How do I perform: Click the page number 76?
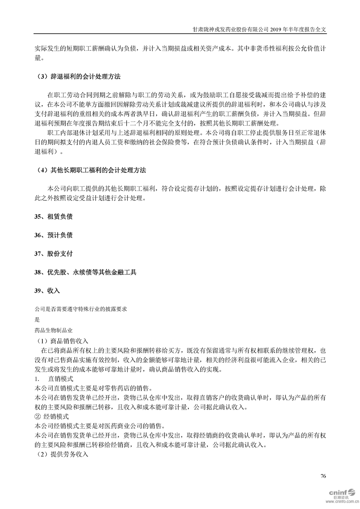323,476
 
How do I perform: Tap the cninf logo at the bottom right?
341,492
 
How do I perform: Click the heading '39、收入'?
47,291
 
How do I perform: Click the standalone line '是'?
37,319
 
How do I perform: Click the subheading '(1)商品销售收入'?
63,341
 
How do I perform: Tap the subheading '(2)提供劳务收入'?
63,454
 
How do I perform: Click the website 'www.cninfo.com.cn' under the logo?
341,502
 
